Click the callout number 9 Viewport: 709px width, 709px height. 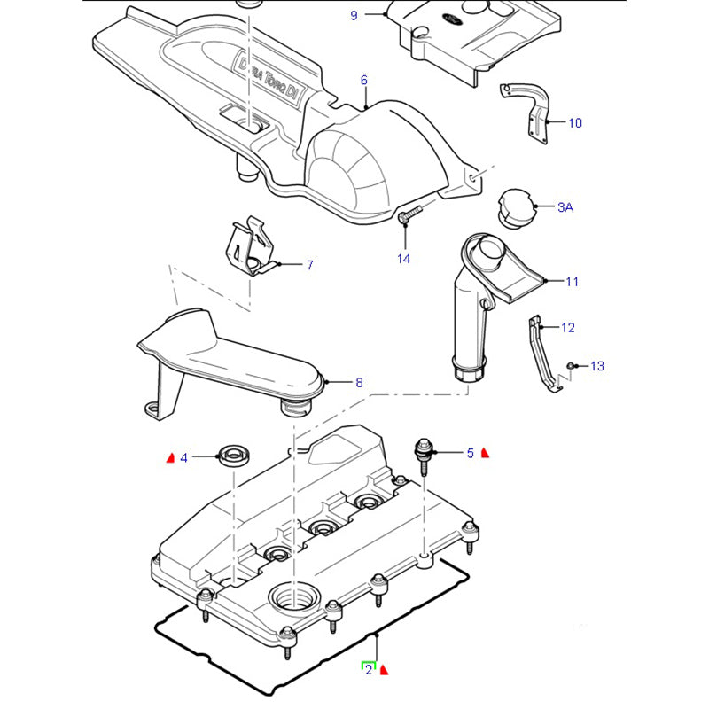(x=354, y=15)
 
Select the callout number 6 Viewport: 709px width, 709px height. (x=363, y=81)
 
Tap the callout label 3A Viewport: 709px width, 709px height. (x=565, y=207)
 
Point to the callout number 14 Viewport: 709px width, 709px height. (x=403, y=259)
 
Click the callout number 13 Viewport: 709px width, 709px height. (x=596, y=366)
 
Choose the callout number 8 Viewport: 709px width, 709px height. (x=359, y=383)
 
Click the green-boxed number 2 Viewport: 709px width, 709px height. (x=368, y=670)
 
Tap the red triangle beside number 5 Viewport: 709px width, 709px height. (x=485, y=453)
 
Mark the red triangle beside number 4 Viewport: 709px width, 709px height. (x=170, y=457)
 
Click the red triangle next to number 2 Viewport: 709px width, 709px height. (x=385, y=671)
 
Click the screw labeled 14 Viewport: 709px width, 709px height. (x=409, y=212)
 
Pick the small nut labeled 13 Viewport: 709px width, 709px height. (x=573, y=365)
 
